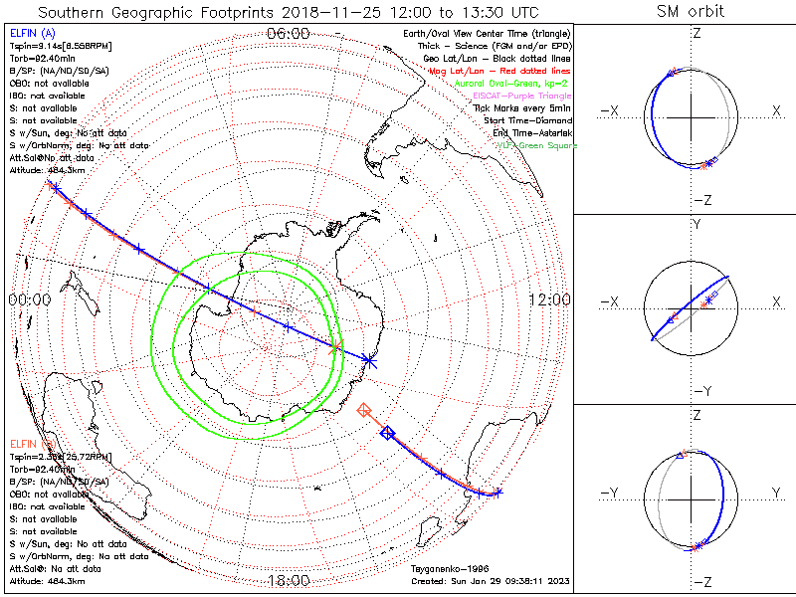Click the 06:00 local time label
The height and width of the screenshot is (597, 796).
(x=289, y=33)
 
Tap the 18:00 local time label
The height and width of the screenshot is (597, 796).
(x=289, y=580)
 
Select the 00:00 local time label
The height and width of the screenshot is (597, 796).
(x=29, y=299)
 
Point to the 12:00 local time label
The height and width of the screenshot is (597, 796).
(x=548, y=299)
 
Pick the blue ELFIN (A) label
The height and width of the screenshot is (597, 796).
(x=34, y=33)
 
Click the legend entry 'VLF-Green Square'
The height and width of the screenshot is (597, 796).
(x=536, y=145)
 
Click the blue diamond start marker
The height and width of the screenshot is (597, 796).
(x=388, y=432)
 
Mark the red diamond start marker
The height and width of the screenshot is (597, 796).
(x=365, y=410)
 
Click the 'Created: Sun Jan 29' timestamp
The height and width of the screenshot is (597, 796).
(x=489, y=580)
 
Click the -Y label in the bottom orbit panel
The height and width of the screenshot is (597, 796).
(x=612, y=493)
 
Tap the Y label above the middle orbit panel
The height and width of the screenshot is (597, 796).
(x=696, y=225)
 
